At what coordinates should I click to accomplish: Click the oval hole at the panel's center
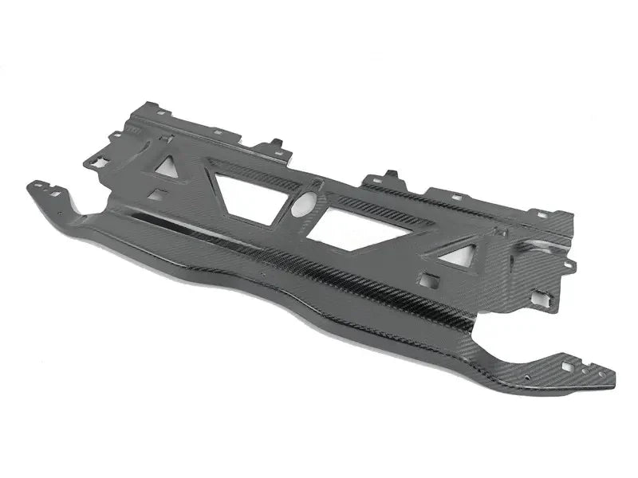pos(304,205)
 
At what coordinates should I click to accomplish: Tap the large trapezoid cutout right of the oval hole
pos(355,229)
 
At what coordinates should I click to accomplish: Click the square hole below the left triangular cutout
pos(157,194)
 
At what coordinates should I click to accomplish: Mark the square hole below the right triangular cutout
pos(428,280)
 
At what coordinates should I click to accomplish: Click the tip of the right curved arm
pos(611,381)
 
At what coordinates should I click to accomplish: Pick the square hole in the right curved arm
pos(567,366)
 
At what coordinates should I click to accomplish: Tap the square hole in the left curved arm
pos(55,192)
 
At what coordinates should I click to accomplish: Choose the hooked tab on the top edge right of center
pos(392,176)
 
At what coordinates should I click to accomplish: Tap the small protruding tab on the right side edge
pos(569,263)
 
